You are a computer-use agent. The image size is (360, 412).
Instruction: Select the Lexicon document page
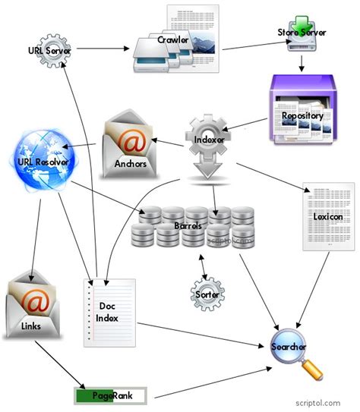tap(328, 216)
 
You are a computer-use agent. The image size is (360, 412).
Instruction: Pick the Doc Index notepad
tap(109, 311)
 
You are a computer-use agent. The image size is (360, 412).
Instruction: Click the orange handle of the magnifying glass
tap(314, 370)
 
